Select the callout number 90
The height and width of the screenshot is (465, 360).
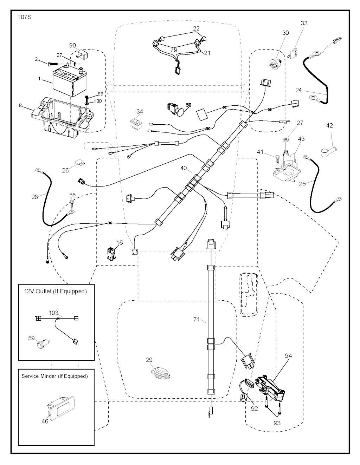click(x=72, y=45)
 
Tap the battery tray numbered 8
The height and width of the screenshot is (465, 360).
click(x=63, y=114)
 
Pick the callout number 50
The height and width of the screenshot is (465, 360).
click(x=188, y=105)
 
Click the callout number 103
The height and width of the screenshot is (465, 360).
click(x=53, y=313)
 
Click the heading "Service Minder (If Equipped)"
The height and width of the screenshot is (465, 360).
click(x=54, y=376)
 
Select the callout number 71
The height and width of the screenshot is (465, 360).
click(x=197, y=320)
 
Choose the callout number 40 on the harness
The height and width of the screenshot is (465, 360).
click(x=184, y=168)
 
